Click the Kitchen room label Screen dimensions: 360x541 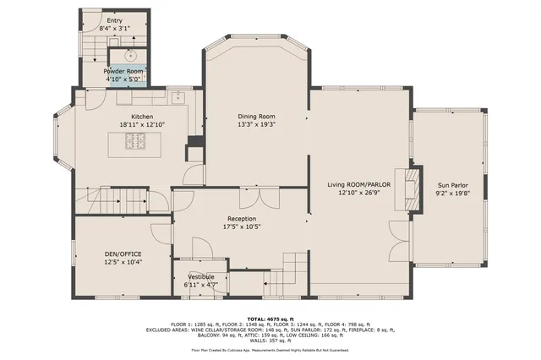pos(141,116)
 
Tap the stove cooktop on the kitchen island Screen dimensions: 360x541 pos(136,142)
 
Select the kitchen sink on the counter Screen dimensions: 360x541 pos(179,97)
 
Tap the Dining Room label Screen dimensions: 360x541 pos(256,116)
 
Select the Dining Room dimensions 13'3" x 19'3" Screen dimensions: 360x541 pos(256,124)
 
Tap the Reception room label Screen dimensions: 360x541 pos(241,217)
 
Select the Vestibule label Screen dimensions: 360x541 pos(200,276)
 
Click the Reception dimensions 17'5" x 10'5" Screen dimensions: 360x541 pos(241,226)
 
